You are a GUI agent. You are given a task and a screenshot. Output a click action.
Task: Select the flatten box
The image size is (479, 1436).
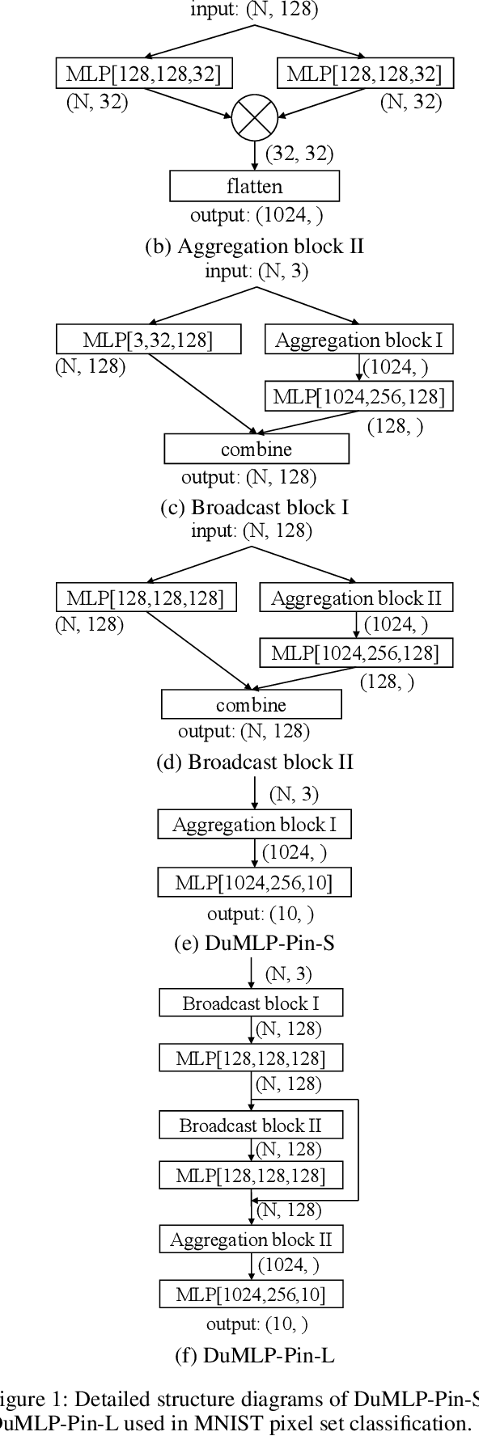point(254,187)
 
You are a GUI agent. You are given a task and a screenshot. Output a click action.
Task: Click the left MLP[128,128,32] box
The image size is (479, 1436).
point(144,74)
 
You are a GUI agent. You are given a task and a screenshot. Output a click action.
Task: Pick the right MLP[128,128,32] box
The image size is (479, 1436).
point(364,74)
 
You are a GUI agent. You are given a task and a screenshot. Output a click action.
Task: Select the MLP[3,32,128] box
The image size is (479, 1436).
point(148,340)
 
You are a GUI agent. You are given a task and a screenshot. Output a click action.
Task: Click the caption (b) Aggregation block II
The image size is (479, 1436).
point(254,246)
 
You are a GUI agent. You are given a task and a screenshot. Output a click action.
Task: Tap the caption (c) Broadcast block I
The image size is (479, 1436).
point(254,507)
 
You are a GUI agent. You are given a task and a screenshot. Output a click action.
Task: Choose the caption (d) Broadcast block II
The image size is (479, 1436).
point(254,762)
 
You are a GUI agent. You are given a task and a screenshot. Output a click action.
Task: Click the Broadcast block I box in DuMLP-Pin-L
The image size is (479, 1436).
point(251,1003)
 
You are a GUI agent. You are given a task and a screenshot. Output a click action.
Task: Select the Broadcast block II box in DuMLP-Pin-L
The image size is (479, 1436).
point(251,1126)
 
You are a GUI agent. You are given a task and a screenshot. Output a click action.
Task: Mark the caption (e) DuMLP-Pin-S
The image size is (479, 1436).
point(254,943)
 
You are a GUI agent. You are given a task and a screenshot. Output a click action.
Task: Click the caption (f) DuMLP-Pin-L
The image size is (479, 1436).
point(254,1356)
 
